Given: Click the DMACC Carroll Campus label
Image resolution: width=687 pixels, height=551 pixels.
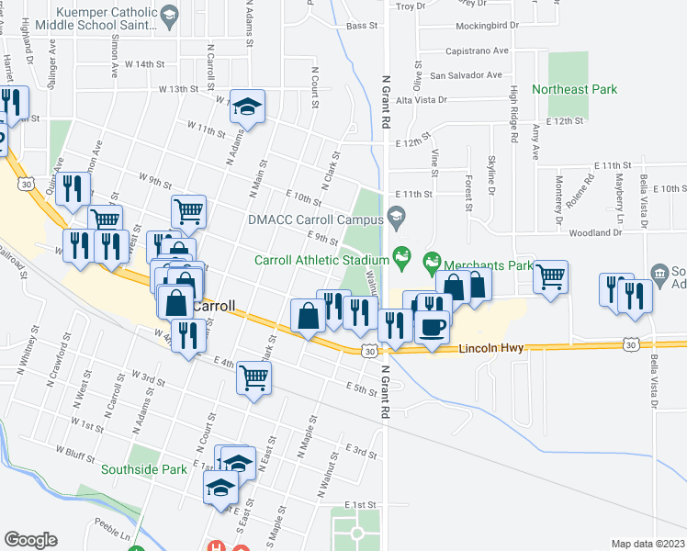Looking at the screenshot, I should (313, 220).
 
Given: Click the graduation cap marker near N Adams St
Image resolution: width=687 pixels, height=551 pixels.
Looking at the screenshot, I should (247, 107).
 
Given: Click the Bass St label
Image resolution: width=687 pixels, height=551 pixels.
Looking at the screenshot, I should (364, 27).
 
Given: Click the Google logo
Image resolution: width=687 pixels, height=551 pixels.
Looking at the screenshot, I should (30, 540).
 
